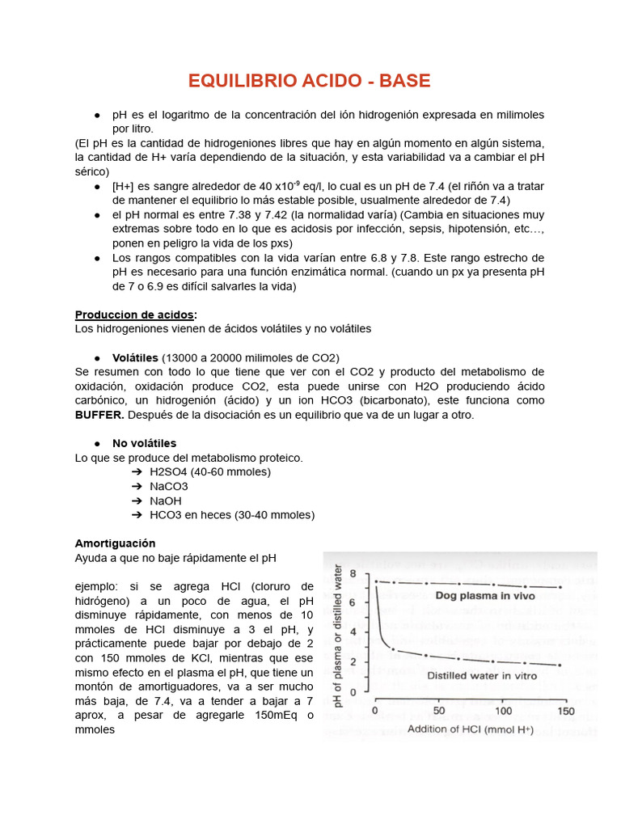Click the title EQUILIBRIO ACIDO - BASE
tap(310, 81)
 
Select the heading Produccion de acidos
tap(134, 315)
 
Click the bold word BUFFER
tap(99, 415)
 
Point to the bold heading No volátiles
tap(144, 443)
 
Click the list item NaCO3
tap(169, 486)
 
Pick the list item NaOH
tap(167, 501)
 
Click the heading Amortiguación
tap(115, 543)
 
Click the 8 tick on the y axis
tap(363, 572)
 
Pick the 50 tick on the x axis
tap(439, 712)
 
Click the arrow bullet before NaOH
tap(137, 501)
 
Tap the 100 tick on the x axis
tap(502, 712)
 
